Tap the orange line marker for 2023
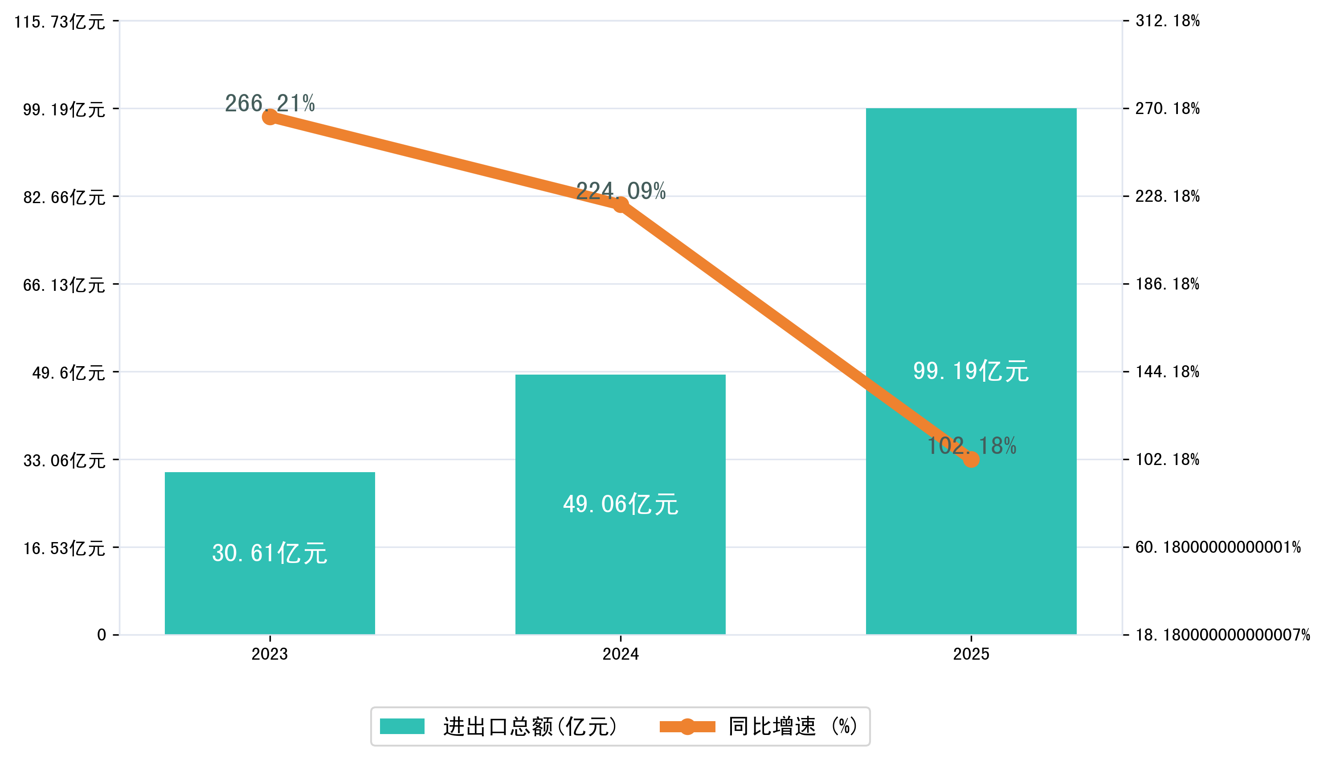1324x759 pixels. (270, 117)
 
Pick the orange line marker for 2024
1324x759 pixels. (620, 204)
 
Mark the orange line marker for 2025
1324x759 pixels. (971, 459)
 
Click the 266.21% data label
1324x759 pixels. (270, 103)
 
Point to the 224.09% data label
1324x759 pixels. (620, 191)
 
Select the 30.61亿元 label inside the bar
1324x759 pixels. (270, 553)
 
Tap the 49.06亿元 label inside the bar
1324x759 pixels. (620, 504)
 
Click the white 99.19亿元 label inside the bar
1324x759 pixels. (971, 371)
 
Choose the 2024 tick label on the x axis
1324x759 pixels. (620, 654)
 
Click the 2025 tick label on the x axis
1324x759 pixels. (971, 654)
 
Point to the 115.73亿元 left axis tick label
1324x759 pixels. (59, 22)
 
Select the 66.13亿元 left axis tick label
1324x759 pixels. (64, 285)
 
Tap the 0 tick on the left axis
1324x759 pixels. (102, 635)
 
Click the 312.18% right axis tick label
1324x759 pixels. (1168, 21)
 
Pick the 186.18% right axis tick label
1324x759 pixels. (1168, 284)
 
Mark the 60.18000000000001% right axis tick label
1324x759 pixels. (1218, 547)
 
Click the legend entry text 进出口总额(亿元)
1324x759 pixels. (530, 726)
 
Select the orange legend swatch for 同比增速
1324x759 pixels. (687, 726)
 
